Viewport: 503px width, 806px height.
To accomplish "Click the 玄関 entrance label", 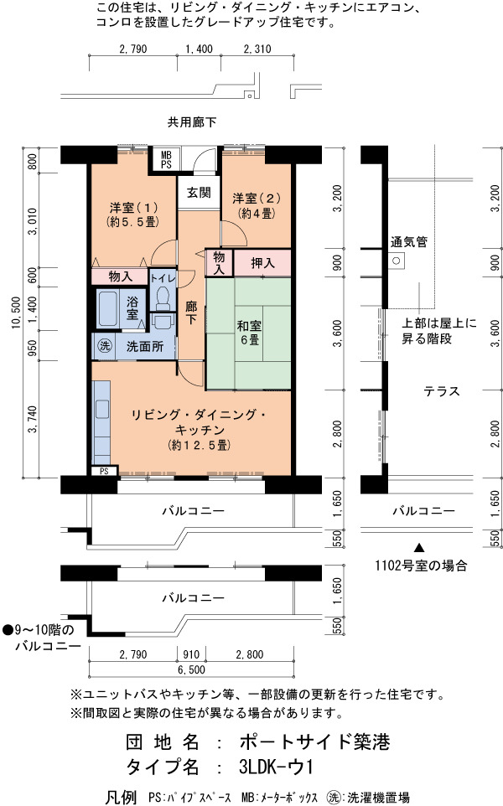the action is click(199, 193).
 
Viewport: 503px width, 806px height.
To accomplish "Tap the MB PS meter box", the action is click(166, 160).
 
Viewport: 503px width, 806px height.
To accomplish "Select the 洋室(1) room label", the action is click(133, 208).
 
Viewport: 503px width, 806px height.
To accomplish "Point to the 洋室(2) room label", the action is click(257, 199).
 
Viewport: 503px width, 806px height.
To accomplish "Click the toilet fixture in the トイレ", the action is click(163, 298).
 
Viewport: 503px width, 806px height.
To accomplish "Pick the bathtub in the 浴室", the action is click(108, 309).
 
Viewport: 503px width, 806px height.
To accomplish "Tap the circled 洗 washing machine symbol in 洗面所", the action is click(105, 346).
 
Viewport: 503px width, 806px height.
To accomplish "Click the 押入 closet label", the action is click(262, 264).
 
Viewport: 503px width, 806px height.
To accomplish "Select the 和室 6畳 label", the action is click(250, 333).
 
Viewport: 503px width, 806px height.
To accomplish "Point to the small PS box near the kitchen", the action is click(105, 471).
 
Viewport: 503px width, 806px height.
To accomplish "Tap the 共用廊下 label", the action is click(192, 122).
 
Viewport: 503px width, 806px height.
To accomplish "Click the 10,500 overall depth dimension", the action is click(17, 313).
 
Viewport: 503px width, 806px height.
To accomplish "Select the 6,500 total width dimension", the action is click(191, 669).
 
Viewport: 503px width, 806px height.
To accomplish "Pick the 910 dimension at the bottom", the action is click(191, 654).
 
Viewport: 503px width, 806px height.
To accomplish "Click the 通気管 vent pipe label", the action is click(409, 242).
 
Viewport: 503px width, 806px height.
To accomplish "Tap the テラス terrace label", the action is click(442, 392).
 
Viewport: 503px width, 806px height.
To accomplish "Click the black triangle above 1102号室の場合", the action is click(420, 548).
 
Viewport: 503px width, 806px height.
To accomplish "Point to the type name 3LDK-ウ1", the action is click(276, 767).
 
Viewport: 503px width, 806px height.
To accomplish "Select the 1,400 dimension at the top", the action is click(199, 49).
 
